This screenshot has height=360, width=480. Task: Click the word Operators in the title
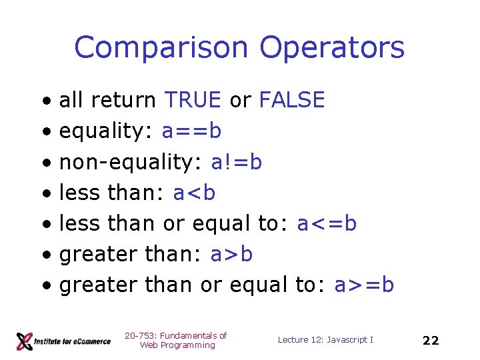[332, 48]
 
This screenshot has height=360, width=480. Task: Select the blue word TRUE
[192, 100]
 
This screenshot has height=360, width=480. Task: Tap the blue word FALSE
[291, 100]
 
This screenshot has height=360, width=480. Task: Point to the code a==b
[191, 131]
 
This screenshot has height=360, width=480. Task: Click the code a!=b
[236, 162]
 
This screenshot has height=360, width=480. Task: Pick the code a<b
[194, 193]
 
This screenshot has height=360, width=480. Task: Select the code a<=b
[327, 223]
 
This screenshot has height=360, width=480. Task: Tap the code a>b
[231, 254]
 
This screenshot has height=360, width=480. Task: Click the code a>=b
[364, 285]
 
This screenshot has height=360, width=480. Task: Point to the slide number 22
[431, 341]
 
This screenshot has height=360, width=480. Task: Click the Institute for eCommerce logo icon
[25, 341]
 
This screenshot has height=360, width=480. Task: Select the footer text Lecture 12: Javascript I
[325, 340]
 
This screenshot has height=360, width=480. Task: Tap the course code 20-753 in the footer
[139, 335]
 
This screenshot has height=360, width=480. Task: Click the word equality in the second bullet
[107, 131]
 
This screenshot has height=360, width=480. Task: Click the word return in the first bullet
[124, 100]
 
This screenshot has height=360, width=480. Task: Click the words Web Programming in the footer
[177, 345]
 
